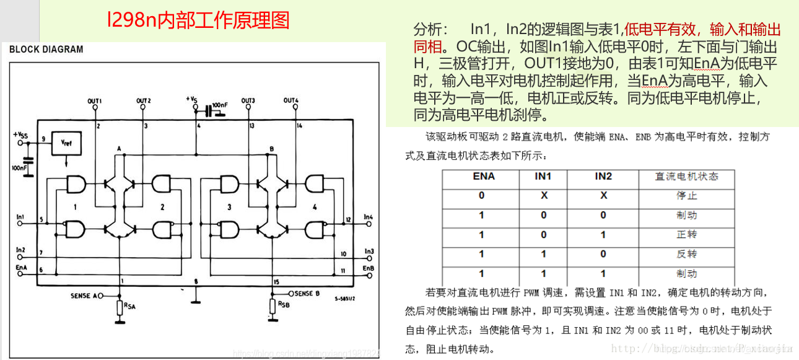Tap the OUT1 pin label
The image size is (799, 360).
(x=95, y=100)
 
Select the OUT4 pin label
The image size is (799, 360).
(x=291, y=100)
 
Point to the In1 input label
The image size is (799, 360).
(x=20, y=217)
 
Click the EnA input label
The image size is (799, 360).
(x=21, y=267)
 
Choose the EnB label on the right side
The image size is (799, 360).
(x=368, y=268)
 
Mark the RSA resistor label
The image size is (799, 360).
(x=129, y=305)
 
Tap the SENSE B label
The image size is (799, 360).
(x=307, y=293)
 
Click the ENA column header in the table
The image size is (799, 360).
(x=483, y=177)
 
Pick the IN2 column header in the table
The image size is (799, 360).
(x=603, y=177)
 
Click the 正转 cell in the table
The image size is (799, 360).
(x=686, y=235)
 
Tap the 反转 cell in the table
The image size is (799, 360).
(x=686, y=254)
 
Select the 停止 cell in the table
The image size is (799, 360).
(x=686, y=196)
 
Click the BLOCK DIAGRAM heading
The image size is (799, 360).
(x=46, y=50)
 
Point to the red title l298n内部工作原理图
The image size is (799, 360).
(x=198, y=20)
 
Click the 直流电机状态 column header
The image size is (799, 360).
(x=686, y=177)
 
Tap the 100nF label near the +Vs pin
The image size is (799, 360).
(x=220, y=105)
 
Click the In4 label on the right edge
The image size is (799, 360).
(x=368, y=217)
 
